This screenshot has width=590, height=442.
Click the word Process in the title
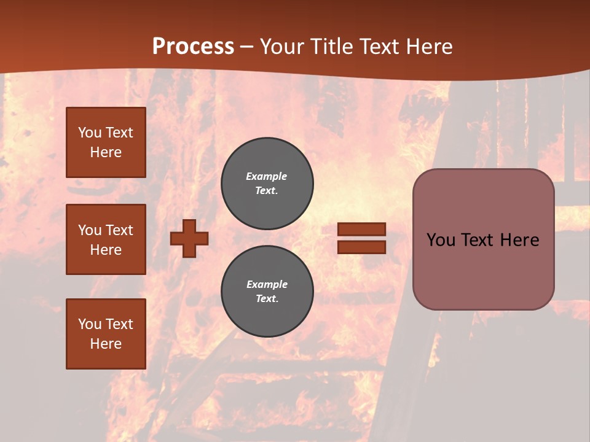193,47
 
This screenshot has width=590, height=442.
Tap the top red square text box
106,142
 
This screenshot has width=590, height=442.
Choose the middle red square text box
106,239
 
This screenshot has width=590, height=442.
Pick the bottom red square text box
106,334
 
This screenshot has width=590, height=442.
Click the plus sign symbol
189,238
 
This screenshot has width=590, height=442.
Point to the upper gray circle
267,183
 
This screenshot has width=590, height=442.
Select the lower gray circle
267,291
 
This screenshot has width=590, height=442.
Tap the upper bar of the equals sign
361,230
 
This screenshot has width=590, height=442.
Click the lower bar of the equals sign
361,247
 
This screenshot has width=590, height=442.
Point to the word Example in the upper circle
266,176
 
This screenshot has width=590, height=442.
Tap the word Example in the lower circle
267,284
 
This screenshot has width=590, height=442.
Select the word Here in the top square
106,152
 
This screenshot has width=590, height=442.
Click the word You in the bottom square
89,324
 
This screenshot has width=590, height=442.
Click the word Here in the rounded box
519,240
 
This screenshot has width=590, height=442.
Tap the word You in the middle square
89,230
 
